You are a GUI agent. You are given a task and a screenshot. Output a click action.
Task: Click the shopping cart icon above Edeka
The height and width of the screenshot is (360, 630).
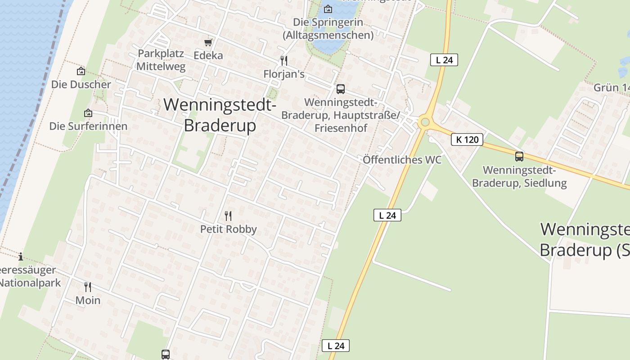point(208,42)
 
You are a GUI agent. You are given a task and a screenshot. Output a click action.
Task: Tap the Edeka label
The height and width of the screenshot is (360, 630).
point(208,55)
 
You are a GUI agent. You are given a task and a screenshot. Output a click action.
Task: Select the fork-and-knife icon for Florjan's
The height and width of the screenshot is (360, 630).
point(284,61)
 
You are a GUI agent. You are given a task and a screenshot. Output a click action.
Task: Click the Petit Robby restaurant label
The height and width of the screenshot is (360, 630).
point(229,229)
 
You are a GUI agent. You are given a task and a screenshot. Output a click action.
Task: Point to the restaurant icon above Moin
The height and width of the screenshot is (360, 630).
point(88,287)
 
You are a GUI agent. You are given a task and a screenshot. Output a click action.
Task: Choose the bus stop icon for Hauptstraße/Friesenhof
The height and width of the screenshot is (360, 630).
point(341,89)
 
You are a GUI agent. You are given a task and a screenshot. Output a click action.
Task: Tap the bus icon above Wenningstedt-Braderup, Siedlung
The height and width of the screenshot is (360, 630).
point(519,157)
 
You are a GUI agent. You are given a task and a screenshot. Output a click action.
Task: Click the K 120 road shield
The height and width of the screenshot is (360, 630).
point(467,139)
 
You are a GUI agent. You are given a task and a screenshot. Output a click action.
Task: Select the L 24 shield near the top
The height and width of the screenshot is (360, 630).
point(444,60)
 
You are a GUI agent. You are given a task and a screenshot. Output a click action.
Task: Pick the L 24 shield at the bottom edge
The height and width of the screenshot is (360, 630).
point(336,346)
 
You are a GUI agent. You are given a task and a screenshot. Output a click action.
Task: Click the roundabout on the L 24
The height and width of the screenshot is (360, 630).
point(424,122)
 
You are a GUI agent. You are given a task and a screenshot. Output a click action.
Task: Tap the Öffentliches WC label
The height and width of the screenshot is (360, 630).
point(402,160)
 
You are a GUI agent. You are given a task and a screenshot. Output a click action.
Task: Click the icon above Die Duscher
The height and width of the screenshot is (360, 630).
point(81,71)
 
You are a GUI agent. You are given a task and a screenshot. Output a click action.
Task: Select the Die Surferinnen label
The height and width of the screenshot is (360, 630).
point(88,126)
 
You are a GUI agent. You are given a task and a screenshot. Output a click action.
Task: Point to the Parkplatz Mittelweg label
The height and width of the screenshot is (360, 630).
point(161,60)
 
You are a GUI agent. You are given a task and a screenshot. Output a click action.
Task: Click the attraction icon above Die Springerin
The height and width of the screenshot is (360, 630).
point(328,9)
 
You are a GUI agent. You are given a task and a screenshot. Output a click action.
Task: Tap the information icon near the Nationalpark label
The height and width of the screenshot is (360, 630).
point(21,257)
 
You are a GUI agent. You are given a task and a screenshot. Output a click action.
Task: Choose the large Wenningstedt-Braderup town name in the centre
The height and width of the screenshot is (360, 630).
point(220,115)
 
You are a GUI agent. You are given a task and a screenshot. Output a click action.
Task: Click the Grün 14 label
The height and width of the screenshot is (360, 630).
point(612,87)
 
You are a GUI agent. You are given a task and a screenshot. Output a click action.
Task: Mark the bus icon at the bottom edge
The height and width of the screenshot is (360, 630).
point(166,354)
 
